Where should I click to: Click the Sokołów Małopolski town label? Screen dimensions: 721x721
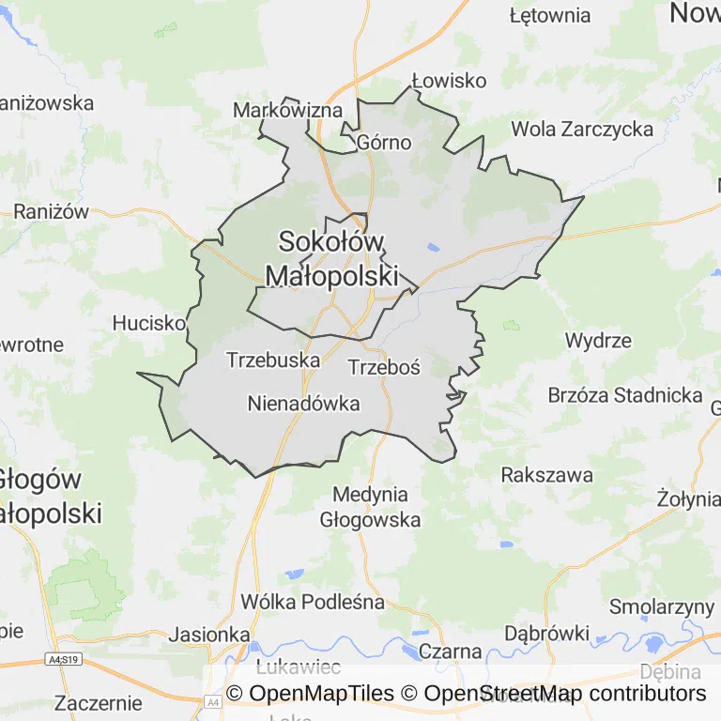click(332, 258)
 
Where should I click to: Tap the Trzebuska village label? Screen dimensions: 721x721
click(273, 360)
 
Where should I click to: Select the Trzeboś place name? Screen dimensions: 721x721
click(384, 367)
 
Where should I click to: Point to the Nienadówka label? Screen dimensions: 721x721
click(304, 404)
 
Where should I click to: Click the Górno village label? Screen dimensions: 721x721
click(384, 143)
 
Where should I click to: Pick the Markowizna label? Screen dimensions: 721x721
click(287, 111)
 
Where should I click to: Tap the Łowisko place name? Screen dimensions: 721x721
click(450, 81)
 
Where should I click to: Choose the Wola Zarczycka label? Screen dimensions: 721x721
click(582, 130)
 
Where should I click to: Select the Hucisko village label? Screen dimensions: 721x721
click(148, 323)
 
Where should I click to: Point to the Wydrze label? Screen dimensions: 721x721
click(598, 340)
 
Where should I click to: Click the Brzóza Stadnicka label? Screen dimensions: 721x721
click(625, 395)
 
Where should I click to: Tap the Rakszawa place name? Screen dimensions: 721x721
click(547, 475)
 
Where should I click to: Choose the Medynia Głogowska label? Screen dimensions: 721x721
click(371, 507)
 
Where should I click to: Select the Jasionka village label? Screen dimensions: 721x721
click(211, 634)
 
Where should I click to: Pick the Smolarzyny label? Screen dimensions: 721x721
click(662, 606)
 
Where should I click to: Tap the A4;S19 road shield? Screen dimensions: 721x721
click(64, 661)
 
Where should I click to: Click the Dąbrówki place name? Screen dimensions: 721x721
click(546, 633)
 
